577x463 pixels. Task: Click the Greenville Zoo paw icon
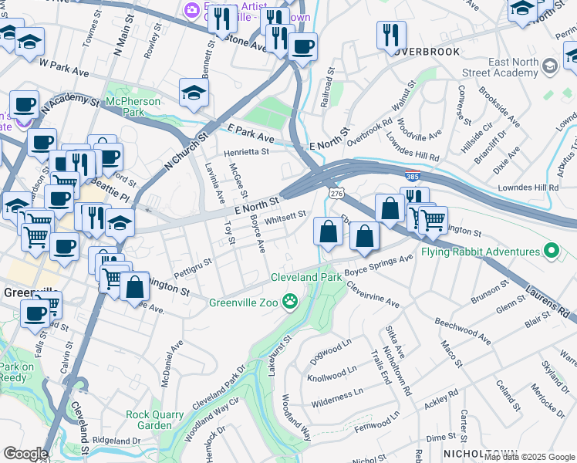tap(290, 302)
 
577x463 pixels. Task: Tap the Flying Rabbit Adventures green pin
tap(551, 252)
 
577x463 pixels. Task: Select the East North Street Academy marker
tap(550, 66)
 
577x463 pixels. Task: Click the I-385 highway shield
tap(413, 176)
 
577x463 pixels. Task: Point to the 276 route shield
tap(336, 191)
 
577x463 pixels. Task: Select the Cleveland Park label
tap(305, 277)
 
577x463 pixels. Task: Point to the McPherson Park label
tap(133, 106)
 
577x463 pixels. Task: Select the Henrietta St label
tap(246, 152)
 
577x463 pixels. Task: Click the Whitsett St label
tap(285, 218)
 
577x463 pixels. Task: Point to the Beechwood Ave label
tap(462, 330)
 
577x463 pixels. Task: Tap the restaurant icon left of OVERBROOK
tap(391, 35)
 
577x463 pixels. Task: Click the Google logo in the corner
tap(25, 454)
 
